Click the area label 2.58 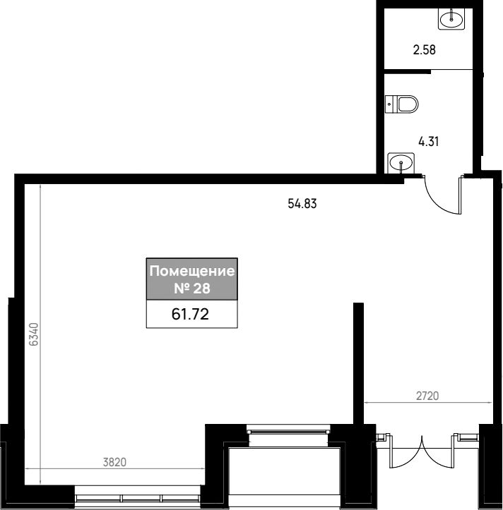pyautogui.click(x=424, y=50)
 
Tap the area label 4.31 pyautogui.click(x=428, y=142)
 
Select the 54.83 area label pyautogui.click(x=302, y=204)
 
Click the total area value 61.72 pyautogui.click(x=190, y=314)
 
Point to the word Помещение pyautogui.click(x=192, y=271)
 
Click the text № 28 pyautogui.click(x=192, y=289)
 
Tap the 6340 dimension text pyautogui.click(x=34, y=334)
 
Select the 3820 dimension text pyautogui.click(x=114, y=462)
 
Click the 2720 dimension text pyautogui.click(x=427, y=396)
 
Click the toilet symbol pyautogui.click(x=401, y=104)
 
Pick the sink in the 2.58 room pyautogui.click(x=451, y=19)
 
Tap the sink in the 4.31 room pyautogui.click(x=401, y=163)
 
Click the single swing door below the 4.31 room pyautogui.click(x=444, y=195)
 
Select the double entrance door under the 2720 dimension pyautogui.click(x=422, y=451)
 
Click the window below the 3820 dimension pyautogui.click(x=137, y=497)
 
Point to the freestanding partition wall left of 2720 pyautogui.click(x=358, y=363)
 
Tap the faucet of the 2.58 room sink pyautogui.click(x=451, y=15)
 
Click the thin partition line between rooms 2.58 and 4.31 pyautogui.click(x=451, y=69)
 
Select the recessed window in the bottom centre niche pyautogui.click(x=288, y=431)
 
